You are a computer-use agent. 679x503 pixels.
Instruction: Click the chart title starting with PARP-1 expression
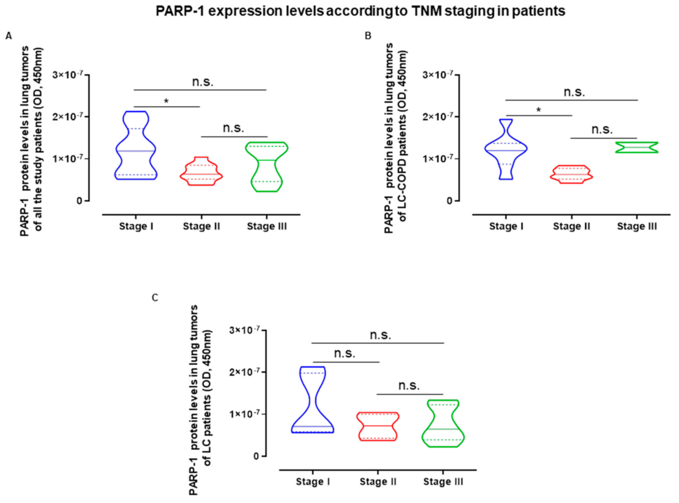(x=360, y=11)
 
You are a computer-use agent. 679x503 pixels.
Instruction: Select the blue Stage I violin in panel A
(x=136, y=151)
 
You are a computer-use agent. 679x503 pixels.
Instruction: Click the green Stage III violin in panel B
(x=637, y=147)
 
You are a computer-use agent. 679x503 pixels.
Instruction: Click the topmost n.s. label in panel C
(x=380, y=335)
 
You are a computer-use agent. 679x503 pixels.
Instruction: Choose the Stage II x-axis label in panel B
(x=571, y=226)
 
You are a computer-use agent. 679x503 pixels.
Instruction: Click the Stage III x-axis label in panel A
(x=266, y=226)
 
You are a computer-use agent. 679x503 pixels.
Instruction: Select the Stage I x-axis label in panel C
(x=313, y=482)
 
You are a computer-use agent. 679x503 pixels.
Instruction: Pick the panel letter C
(x=155, y=298)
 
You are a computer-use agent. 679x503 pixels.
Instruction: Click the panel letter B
(x=368, y=36)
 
